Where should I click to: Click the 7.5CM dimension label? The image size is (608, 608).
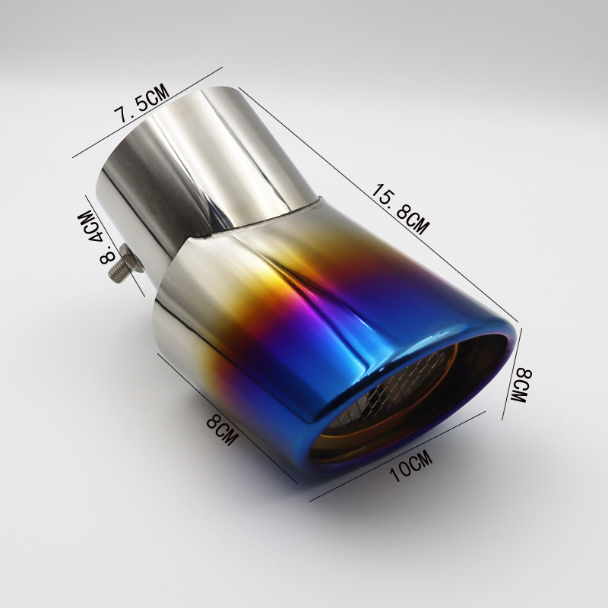tap(141, 103)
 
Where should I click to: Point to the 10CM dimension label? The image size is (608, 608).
tap(411, 465)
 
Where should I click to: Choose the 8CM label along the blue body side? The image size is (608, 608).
tap(222, 429)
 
